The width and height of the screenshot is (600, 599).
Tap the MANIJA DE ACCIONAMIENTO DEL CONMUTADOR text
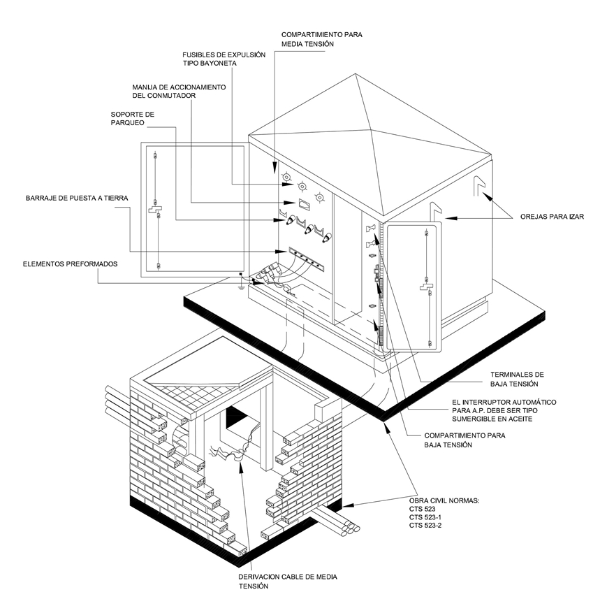point(179,91)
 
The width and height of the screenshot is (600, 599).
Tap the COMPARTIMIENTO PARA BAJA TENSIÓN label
point(465,440)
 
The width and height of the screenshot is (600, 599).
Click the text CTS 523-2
point(425,525)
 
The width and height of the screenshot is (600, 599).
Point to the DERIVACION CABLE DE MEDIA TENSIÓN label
point(287,582)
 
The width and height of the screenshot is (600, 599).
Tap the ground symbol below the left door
point(241,283)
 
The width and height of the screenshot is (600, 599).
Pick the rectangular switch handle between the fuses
point(303,203)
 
